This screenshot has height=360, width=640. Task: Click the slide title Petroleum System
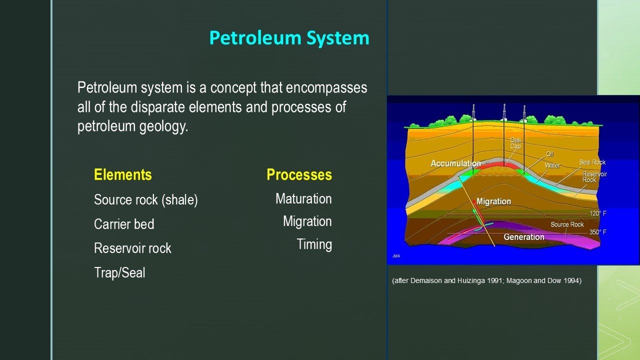coord(289,38)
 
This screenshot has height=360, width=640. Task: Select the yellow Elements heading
coord(122,175)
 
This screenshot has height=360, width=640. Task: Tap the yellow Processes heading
coord(299,175)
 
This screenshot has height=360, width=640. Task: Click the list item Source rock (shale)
coord(146,200)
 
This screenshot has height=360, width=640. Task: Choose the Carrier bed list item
coord(124,224)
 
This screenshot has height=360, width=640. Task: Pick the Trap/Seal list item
coord(119,272)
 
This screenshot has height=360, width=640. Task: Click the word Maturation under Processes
coord(303,199)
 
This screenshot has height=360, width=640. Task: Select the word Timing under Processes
coord(314,244)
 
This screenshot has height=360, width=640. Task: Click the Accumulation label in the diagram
coord(455,163)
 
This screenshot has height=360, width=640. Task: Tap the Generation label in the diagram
coord(523,237)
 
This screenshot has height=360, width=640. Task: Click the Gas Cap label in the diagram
coord(515,143)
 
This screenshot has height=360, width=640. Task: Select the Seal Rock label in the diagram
coord(592,162)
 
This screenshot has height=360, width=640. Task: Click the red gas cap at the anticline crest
coord(504,163)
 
